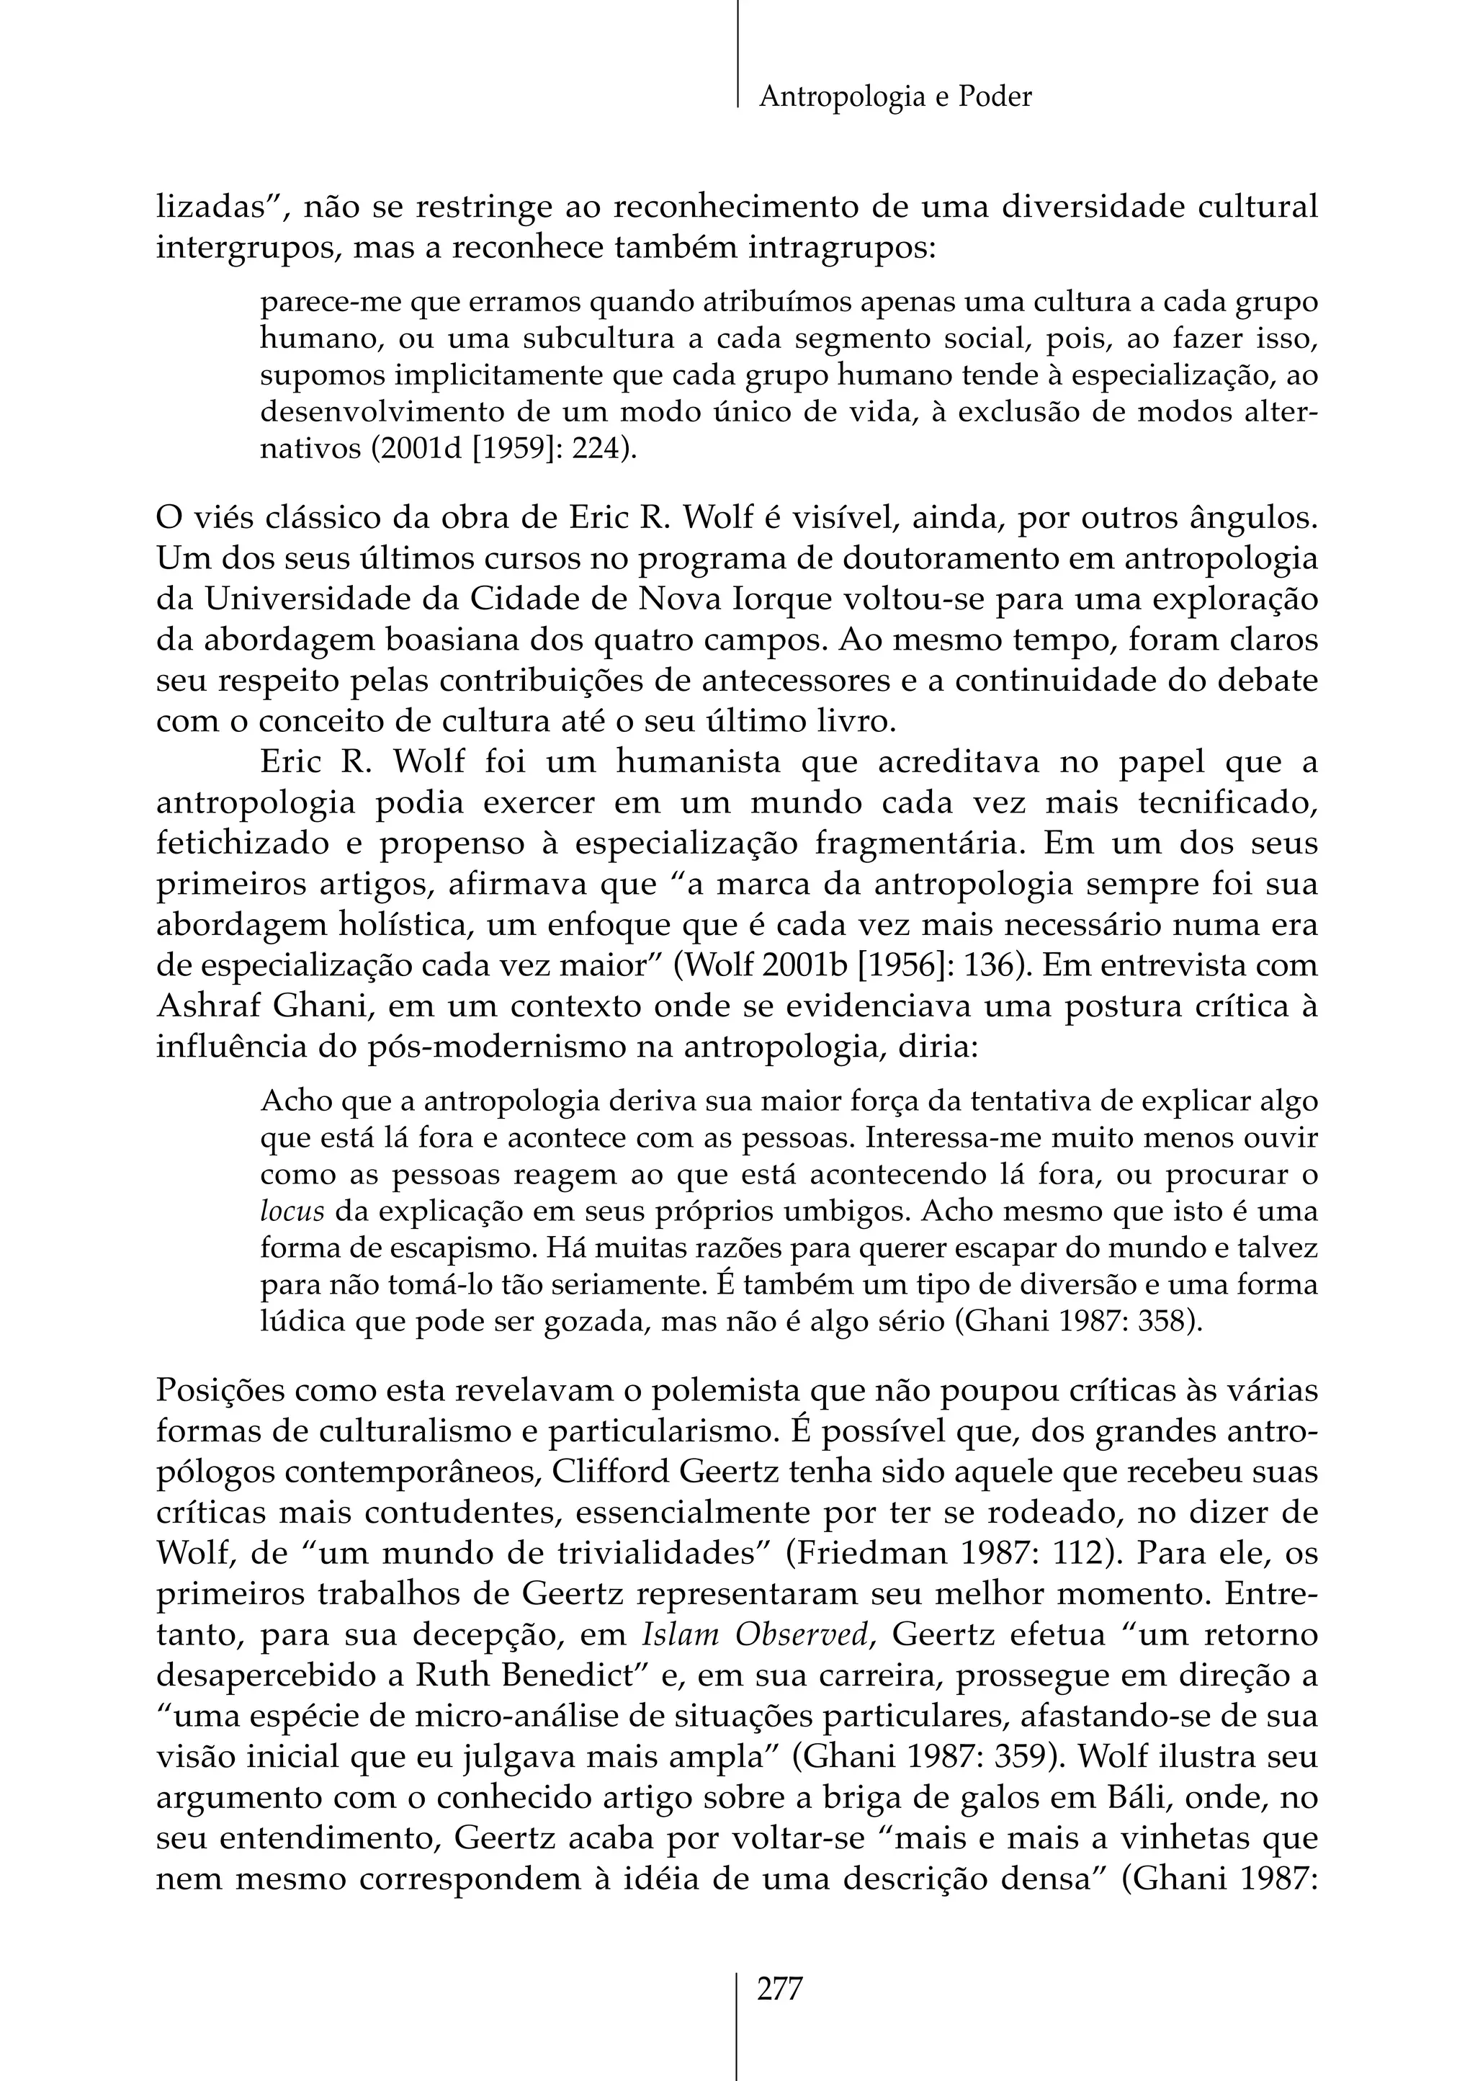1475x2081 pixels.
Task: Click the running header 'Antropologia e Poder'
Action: click(x=895, y=97)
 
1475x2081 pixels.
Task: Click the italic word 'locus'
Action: click(x=292, y=1212)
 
